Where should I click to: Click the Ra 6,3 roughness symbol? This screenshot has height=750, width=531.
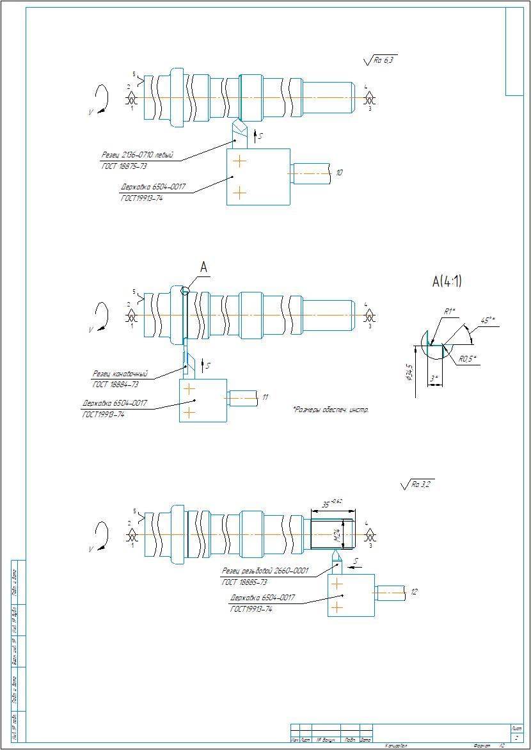pyautogui.click(x=381, y=61)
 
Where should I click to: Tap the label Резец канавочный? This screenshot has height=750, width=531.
pyautogui.click(x=120, y=374)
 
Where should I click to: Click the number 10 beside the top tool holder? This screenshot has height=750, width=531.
pyautogui.click(x=339, y=173)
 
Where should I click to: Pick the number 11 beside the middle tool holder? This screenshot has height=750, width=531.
pyautogui.click(x=265, y=398)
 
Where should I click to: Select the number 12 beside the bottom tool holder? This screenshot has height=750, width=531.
pyautogui.click(x=414, y=593)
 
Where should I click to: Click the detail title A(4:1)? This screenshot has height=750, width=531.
pyautogui.click(x=447, y=281)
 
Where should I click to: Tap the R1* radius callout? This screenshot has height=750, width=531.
pyautogui.click(x=449, y=311)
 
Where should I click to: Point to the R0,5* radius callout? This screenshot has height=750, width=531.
pyautogui.click(x=466, y=359)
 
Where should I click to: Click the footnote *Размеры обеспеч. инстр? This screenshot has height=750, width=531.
pyautogui.click(x=331, y=409)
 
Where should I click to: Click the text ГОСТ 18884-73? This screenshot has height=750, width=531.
pyautogui.click(x=116, y=385)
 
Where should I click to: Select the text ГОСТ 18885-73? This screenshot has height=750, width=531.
pyautogui.click(x=244, y=582)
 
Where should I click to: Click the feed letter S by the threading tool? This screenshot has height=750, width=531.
pyautogui.click(x=356, y=561)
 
